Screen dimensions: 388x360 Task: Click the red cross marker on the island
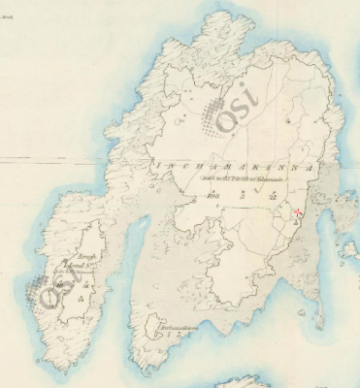point(297,214)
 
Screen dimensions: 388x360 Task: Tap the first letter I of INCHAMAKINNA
point(153,167)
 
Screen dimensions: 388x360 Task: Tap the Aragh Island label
point(79,260)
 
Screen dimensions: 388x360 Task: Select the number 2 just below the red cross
point(296,224)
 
